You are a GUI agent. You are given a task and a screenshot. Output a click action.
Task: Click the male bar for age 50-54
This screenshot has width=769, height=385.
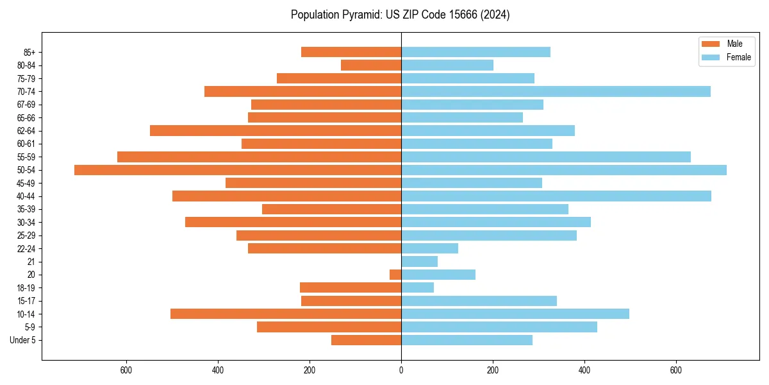coord(237,170)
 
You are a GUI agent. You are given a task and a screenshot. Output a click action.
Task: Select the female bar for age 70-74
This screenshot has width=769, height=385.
coord(556,92)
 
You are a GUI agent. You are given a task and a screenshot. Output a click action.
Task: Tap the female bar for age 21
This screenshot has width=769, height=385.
coord(419,262)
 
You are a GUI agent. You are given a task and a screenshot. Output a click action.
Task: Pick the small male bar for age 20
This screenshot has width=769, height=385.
coord(395,275)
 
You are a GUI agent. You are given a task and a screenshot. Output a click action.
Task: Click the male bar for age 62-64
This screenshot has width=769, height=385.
coord(276,131)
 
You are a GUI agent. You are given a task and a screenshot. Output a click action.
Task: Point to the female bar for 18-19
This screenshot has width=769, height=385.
coord(417,288)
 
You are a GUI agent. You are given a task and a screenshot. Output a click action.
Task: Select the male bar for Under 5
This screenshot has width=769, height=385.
coord(366,340)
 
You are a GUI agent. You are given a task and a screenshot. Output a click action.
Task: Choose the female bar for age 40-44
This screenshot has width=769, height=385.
coord(556,196)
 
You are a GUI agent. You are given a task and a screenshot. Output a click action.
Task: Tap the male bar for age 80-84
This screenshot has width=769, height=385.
coord(371,65)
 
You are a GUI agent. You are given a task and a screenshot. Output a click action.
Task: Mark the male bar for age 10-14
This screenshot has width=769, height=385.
coord(286,314)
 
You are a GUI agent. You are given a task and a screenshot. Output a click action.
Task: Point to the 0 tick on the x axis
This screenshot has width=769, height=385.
coord(401,370)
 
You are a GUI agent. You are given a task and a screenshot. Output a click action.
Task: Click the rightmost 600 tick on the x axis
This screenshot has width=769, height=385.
coord(676,370)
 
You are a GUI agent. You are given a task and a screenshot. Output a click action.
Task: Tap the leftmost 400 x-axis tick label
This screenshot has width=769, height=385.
coord(218,370)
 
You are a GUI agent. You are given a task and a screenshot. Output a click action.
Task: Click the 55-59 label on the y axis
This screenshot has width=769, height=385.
coord(26,157)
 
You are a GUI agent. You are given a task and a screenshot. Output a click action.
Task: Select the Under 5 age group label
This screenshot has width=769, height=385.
coord(22,340)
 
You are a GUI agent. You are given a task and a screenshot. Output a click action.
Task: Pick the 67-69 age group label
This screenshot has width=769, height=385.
coord(26,105)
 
